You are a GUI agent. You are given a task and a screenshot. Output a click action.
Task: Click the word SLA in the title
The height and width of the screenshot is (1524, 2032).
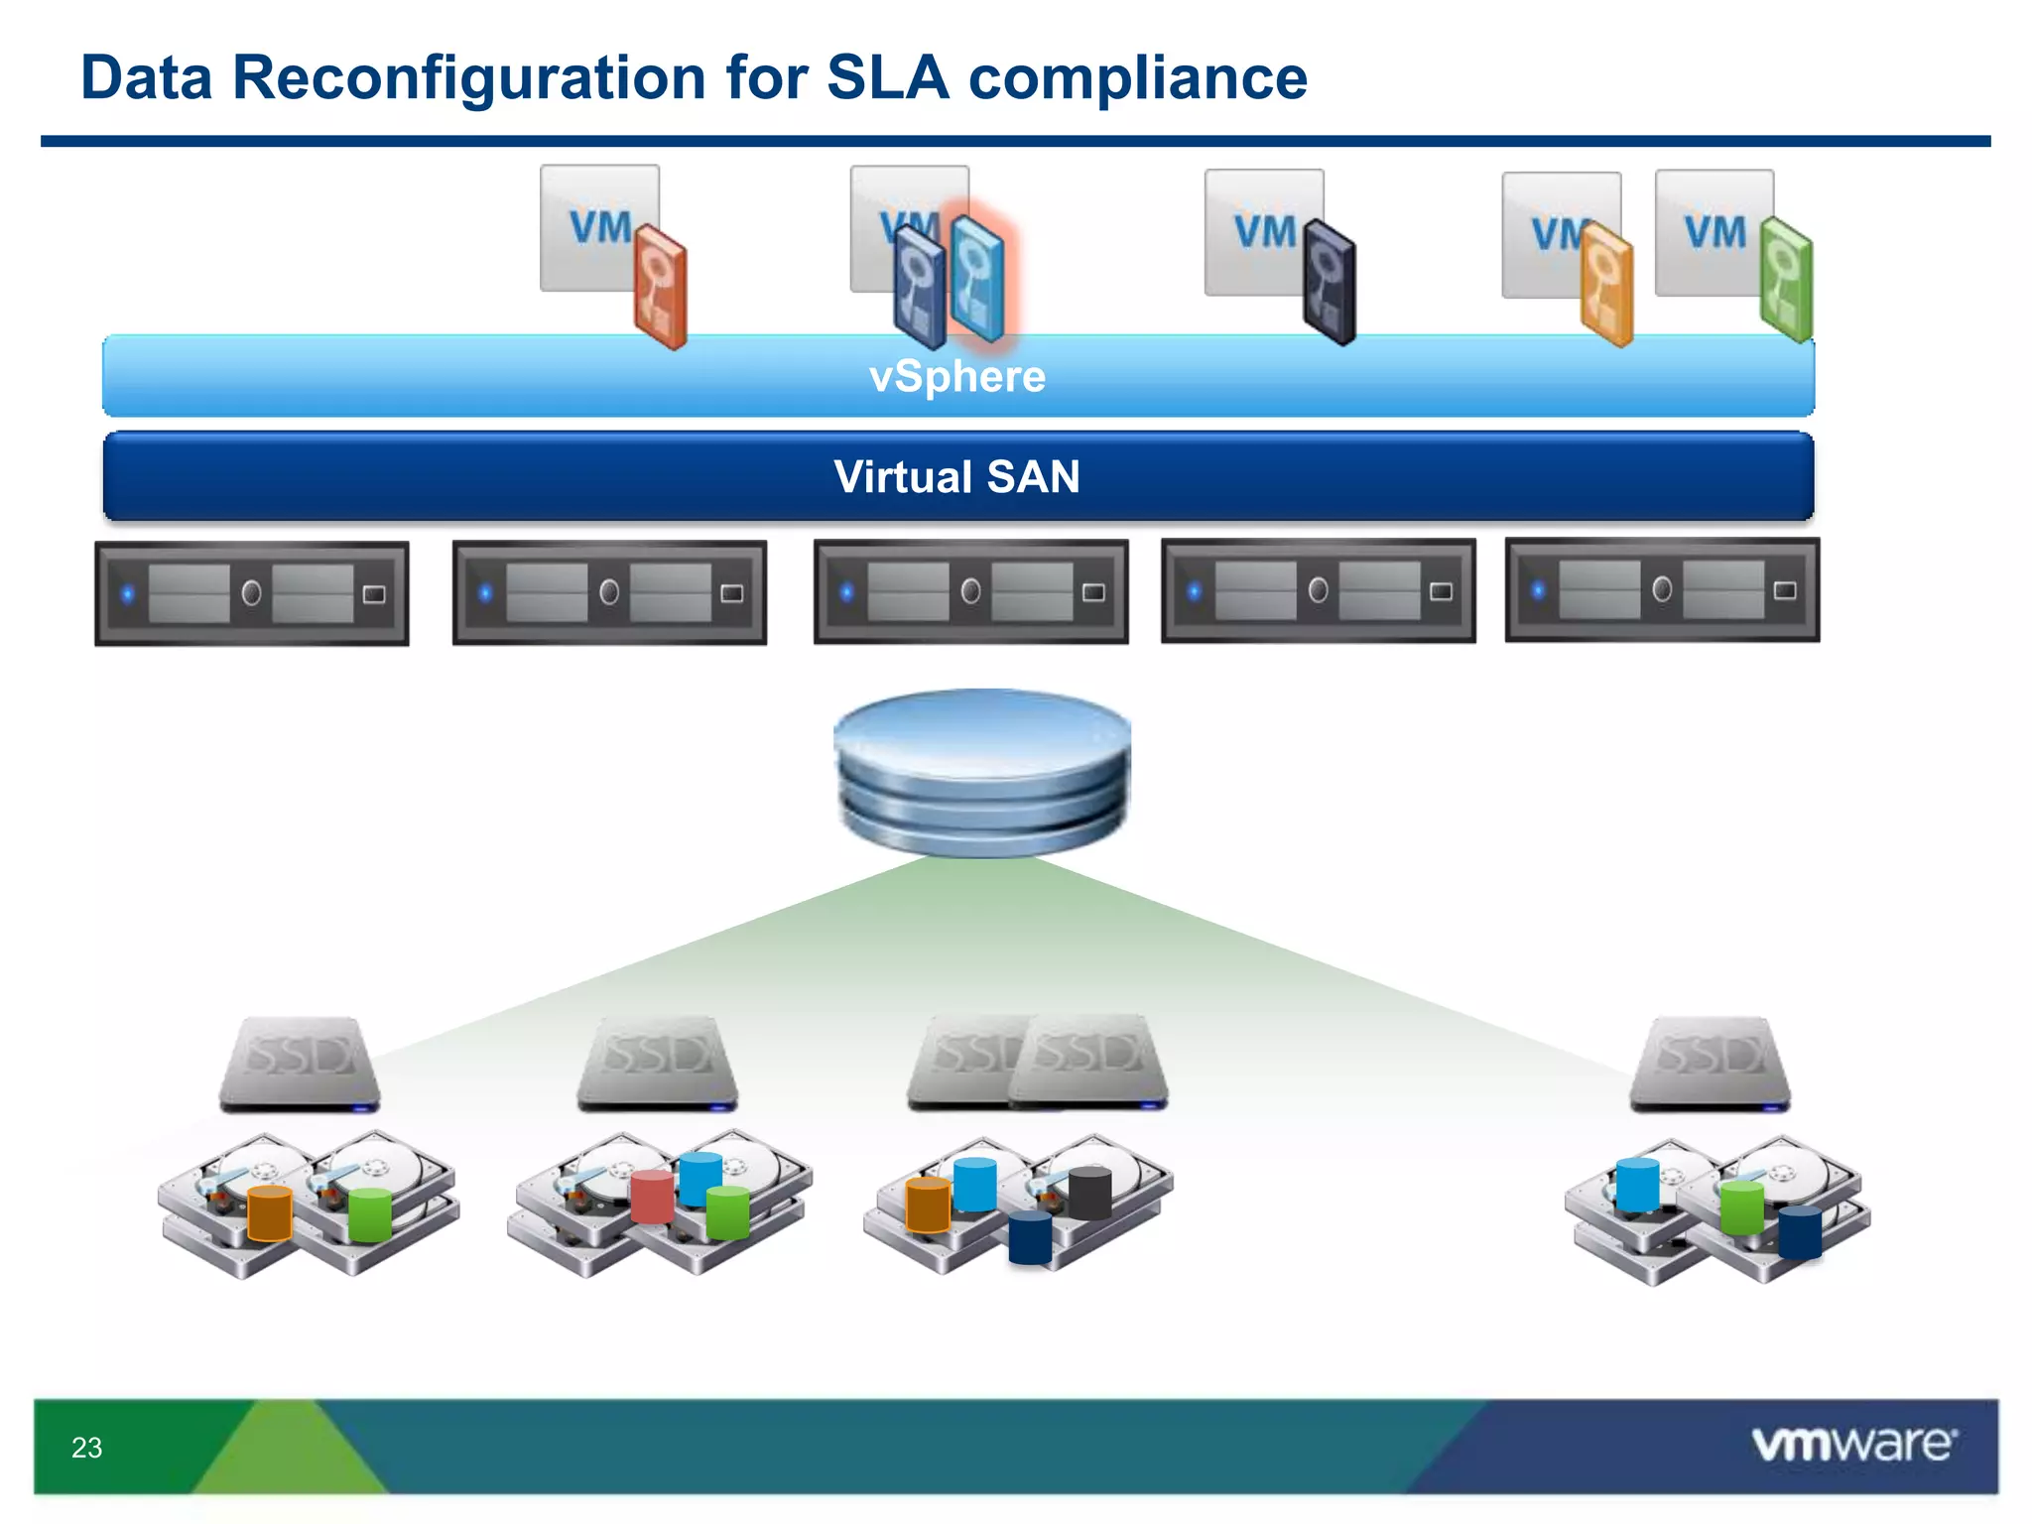886,77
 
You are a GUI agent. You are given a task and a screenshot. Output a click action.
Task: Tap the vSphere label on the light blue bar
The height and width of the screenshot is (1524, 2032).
956,377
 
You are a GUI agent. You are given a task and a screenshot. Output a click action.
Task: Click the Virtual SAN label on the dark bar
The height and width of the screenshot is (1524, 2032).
956,477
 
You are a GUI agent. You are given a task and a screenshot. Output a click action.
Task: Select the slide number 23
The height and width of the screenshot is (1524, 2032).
86,1448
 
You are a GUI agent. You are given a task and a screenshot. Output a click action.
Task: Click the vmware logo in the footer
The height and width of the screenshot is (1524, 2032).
1853,1444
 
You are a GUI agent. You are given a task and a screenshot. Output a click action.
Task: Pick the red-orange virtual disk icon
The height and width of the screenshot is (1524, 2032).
661,286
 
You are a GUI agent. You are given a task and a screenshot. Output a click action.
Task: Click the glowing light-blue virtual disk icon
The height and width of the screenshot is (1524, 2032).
976,279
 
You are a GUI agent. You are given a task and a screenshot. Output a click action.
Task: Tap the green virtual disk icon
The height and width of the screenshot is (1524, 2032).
1786,281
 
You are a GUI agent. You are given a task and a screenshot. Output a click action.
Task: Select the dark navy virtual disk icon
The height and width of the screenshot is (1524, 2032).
1330,283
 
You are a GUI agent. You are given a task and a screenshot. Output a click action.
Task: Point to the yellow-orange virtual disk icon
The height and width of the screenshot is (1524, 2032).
1606,285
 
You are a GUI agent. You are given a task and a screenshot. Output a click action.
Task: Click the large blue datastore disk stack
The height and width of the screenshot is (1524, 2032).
982,771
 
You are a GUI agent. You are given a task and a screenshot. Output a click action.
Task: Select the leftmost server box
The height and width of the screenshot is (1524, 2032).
252,593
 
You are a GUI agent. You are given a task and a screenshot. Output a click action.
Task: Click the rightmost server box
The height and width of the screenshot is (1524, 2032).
1662,590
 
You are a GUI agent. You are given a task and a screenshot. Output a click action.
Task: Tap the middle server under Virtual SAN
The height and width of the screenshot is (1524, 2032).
970,592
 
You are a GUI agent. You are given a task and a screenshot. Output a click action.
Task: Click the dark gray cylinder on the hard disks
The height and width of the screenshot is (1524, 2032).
1089,1193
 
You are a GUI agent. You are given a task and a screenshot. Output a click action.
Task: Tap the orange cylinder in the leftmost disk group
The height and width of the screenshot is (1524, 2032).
269,1211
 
